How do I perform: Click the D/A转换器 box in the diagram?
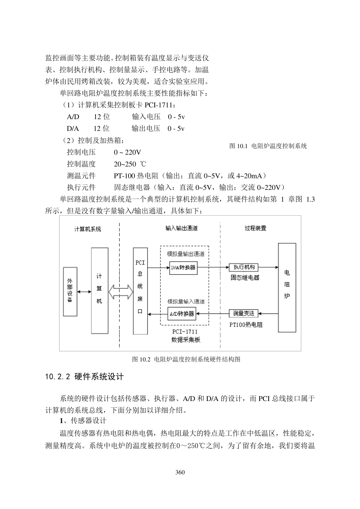pos(183,267)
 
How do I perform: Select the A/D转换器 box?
pos(182,314)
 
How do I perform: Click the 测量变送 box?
pos(244,313)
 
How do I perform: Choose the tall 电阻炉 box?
pos(287,288)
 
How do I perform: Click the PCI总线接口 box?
pos(140,291)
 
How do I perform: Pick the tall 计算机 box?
pos(99,291)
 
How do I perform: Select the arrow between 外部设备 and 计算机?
pos(84,292)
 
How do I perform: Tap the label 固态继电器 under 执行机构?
pos(245,278)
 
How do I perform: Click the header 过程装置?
pos(255,228)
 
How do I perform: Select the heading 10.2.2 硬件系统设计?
pos(84,377)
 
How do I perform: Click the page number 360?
pos(180,472)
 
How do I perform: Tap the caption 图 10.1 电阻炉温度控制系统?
pos(268,146)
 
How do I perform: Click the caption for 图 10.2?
pos(186,359)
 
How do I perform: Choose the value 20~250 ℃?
pos(130,164)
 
